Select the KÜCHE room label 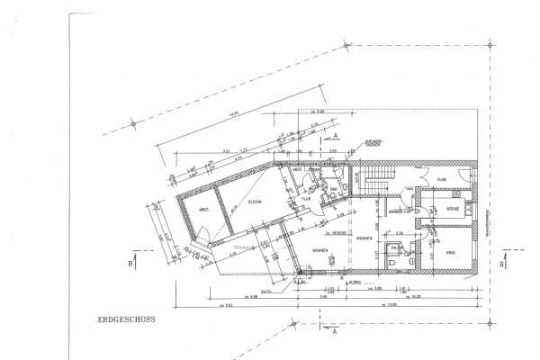click(454, 209)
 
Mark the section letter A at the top click(335, 134)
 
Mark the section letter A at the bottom click(334, 330)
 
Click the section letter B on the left click(131, 263)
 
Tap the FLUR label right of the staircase click(442, 180)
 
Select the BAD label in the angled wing click(333, 188)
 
